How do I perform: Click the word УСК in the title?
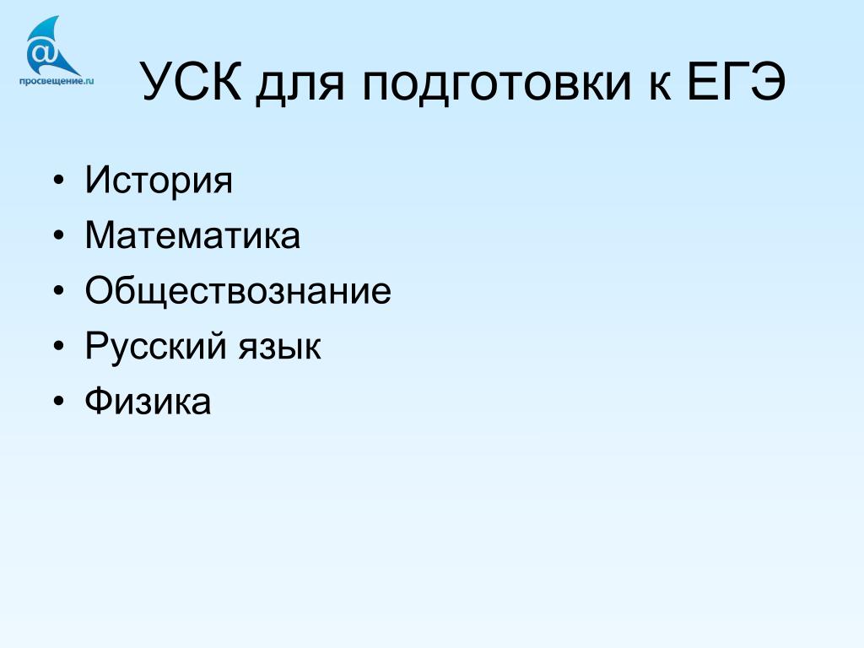[192, 82]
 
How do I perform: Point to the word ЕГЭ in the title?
[736, 82]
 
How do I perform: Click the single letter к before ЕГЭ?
[660, 86]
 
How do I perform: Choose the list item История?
[159, 181]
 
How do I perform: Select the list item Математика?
[193, 235]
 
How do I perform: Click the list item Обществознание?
[238, 290]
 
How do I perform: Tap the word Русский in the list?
[156, 346]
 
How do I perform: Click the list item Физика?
[148, 401]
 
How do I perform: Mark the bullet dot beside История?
[59, 181]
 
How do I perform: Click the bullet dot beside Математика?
[59, 235]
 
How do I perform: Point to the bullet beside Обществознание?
[59, 290]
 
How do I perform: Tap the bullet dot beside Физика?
[59, 401]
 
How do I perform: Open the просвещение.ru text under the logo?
[57, 81]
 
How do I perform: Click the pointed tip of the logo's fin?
[58, 17]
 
